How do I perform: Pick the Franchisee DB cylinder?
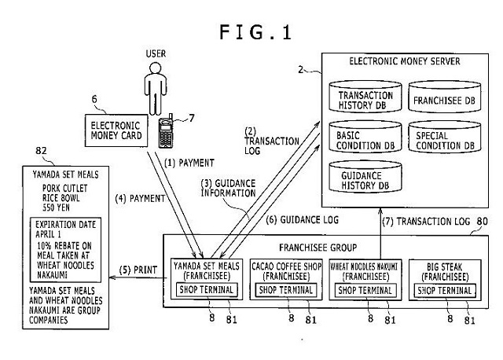(x=443, y=101)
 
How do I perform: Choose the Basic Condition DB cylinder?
(x=365, y=140)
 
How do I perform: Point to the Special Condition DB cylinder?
(x=443, y=140)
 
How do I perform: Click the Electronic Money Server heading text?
(x=406, y=60)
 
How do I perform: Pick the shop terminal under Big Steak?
(x=445, y=290)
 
